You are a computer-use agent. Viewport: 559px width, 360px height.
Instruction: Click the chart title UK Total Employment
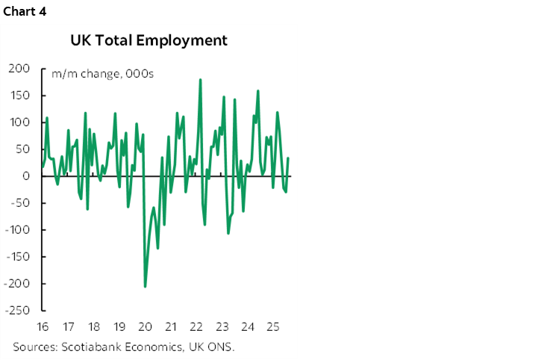149,40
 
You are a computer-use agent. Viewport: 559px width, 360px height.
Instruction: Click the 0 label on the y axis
25,176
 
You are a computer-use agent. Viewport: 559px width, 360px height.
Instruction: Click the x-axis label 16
42,327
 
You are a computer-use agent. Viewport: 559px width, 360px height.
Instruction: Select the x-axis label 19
119,327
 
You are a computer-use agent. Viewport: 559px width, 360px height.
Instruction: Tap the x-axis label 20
145,327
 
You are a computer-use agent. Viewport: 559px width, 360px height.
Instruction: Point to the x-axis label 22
196,327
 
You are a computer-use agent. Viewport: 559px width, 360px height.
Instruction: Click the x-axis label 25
273,327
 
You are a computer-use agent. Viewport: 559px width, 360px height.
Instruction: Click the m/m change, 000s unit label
98,74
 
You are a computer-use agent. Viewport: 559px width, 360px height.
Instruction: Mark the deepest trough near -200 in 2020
145,286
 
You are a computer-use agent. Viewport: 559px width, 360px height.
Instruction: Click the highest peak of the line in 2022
200,79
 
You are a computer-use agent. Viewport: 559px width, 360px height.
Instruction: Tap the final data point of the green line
288,158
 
